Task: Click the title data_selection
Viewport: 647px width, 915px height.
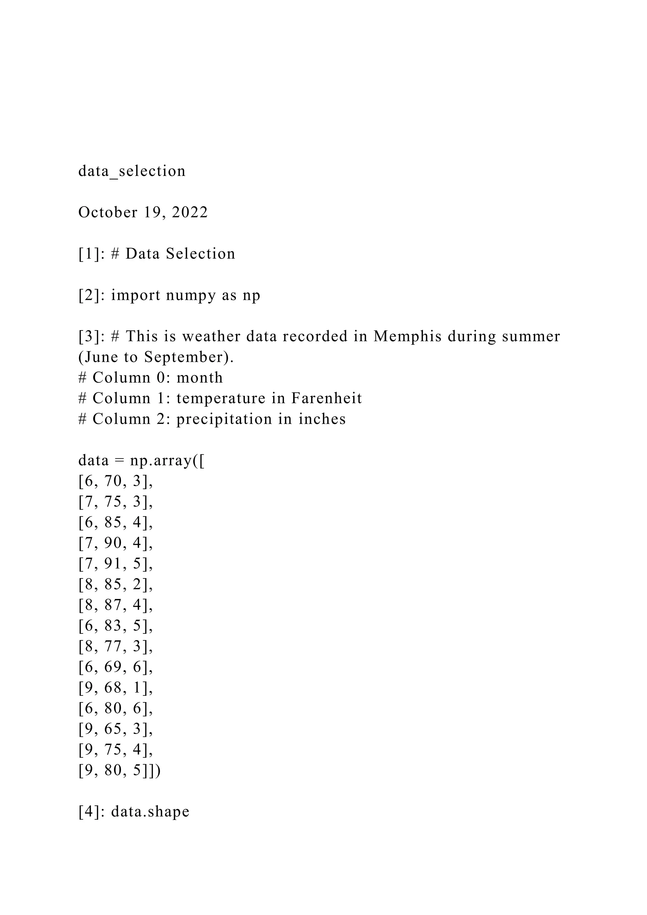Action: pos(132,171)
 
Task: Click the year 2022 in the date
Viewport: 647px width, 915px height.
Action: pos(190,212)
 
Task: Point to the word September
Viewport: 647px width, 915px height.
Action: pos(184,357)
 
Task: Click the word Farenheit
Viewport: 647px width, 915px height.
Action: pos(326,398)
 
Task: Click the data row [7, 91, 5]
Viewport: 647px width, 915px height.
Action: pos(116,564)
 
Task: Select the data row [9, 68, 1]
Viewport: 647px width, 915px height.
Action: pos(116,688)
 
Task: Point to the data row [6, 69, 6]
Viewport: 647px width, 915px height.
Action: pos(116,667)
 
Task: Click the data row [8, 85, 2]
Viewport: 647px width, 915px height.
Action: pos(116,585)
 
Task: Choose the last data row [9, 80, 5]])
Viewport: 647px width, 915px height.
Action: pos(119,771)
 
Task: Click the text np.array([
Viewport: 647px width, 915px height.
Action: pos(167,461)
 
